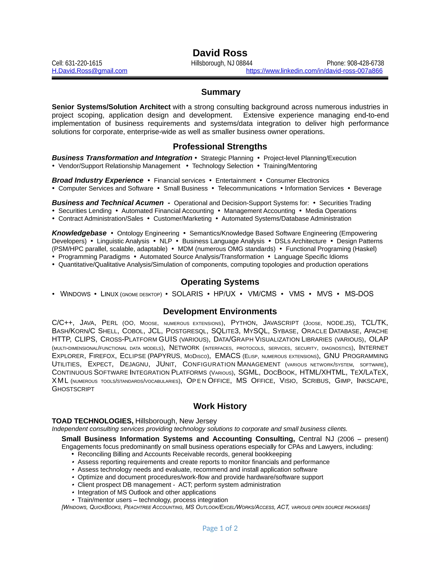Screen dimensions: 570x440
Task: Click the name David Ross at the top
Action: coord(220,53)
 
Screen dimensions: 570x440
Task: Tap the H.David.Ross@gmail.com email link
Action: coord(89,71)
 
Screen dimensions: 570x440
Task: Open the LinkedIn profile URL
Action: coord(314,71)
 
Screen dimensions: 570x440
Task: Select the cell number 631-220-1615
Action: coord(83,63)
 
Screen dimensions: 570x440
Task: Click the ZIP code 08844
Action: coord(244,63)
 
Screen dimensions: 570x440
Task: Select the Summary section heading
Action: coord(220,92)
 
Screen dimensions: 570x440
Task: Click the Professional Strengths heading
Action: coord(220,146)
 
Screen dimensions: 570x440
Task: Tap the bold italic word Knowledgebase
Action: coord(79,233)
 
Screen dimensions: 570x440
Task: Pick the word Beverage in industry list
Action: coord(368,188)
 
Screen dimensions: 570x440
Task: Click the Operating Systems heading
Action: coord(220,282)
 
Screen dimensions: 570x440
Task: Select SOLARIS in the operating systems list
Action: coord(187,294)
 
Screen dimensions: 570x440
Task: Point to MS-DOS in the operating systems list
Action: coord(359,294)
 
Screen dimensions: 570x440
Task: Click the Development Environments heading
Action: coord(220,311)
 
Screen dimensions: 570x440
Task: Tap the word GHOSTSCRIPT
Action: coord(73,389)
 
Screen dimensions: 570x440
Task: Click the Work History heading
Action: coord(220,406)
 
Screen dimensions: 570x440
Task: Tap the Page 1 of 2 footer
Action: coord(220,528)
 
